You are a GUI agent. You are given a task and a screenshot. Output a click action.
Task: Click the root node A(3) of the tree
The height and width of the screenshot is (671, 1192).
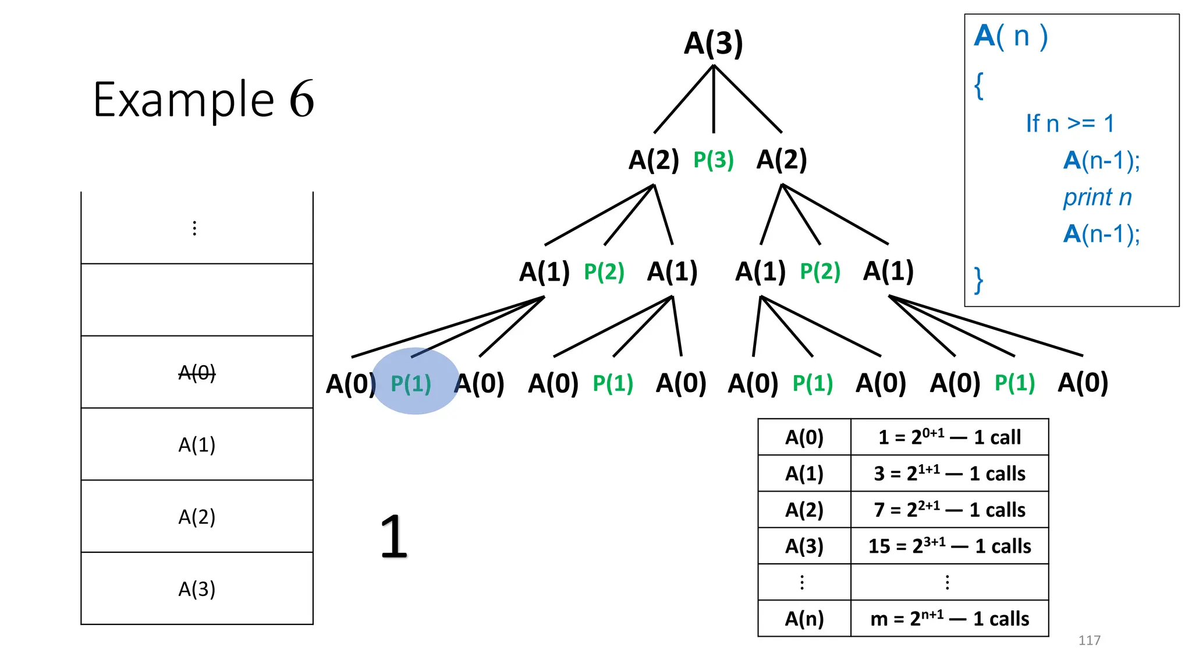(714, 43)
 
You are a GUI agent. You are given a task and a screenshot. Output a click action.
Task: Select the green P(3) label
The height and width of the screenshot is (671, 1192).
(714, 160)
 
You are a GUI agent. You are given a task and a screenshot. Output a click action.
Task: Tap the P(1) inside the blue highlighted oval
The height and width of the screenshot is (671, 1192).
(411, 383)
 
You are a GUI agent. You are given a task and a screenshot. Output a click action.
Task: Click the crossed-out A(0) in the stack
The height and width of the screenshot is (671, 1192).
(197, 372)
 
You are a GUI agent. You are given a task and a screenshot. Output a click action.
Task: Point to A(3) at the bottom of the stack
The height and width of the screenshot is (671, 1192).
(197, 589)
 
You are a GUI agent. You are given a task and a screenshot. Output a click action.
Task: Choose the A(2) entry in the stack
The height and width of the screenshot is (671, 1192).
(197, 517)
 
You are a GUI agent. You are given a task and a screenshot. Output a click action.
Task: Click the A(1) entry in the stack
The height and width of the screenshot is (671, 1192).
(197, 444)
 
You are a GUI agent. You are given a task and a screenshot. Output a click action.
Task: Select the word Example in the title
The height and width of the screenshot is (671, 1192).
(183, 100)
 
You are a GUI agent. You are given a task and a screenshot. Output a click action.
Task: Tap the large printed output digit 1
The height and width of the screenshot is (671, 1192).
(393, 536)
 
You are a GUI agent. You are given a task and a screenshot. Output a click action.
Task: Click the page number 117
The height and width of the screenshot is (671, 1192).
(1089, 640)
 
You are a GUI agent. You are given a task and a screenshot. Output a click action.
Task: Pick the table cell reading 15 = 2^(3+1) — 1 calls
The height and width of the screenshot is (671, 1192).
(949, 546)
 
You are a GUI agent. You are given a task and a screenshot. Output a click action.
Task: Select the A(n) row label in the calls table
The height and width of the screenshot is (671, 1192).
(804, 618)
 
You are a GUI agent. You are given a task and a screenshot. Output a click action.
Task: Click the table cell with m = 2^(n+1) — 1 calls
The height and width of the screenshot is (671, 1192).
(949, 618)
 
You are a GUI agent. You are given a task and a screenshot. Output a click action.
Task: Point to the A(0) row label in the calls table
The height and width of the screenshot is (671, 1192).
(804, 437)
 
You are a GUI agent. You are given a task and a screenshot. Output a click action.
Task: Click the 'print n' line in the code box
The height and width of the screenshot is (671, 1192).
(1097, 197)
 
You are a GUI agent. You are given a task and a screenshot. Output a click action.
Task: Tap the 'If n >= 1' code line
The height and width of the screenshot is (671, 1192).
(1070, 123)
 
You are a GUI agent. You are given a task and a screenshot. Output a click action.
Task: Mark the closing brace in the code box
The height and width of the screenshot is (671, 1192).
(979, 280)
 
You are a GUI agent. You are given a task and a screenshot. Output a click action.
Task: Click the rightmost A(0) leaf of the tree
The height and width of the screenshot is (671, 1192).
(1083, 383)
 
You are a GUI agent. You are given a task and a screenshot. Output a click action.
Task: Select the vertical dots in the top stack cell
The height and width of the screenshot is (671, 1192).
(194, 228)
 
